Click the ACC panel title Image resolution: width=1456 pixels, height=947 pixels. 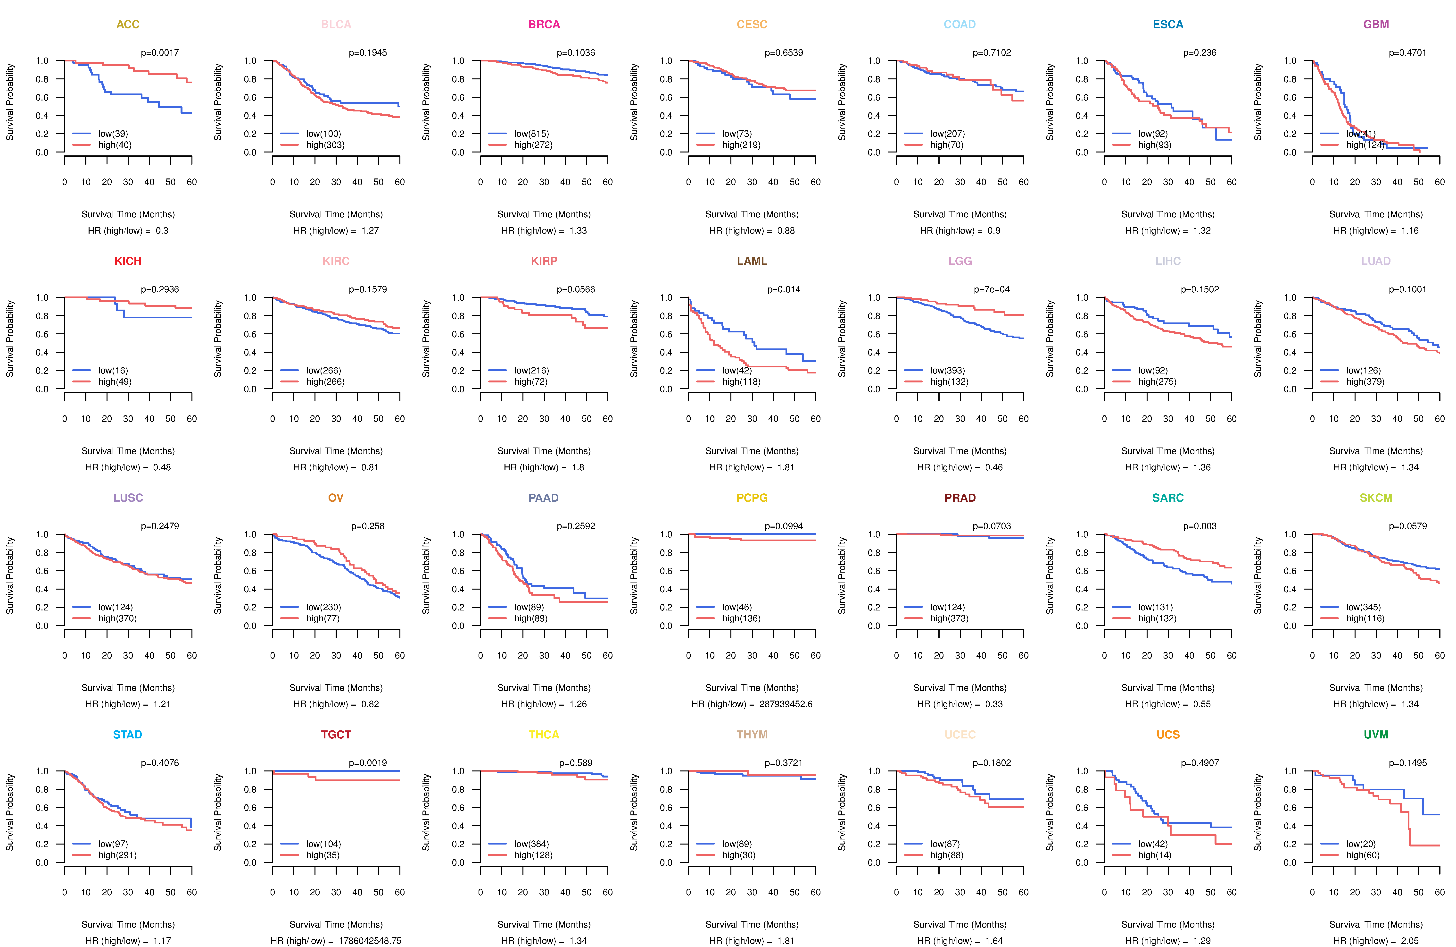pyautogui.click(x=128, y=25)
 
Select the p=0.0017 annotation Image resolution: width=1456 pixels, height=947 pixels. pyautogui.click(x=160, y=53)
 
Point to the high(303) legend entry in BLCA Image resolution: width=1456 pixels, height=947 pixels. pyautogui.click(x=325, y=145)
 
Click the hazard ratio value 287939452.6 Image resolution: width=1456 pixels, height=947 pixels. pyautogui.click(x=786, y=704)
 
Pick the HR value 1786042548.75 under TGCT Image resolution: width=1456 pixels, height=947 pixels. pyautogui.click(x=370, y=941)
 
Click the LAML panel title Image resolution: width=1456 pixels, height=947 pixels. pyautogui.click(x=752, y=261)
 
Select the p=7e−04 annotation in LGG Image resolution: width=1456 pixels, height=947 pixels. pyautogui.click(x=992, y=289)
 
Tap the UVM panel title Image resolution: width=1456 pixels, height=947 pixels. pyautogui.click(x=1376, y=735)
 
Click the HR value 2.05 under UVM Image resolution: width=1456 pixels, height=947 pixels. pyautogui.click(x=1410, y=941)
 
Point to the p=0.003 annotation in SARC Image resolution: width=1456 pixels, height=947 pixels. pyautogui.click(x=1200, y=526)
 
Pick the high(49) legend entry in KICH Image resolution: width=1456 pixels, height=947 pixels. pyautogui.click(x=115, y=382)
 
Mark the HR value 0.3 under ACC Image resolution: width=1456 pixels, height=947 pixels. pyautogui.click(x=162, y=231)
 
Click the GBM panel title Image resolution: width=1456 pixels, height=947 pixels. pyautogui.click(x=1376, y=25)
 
